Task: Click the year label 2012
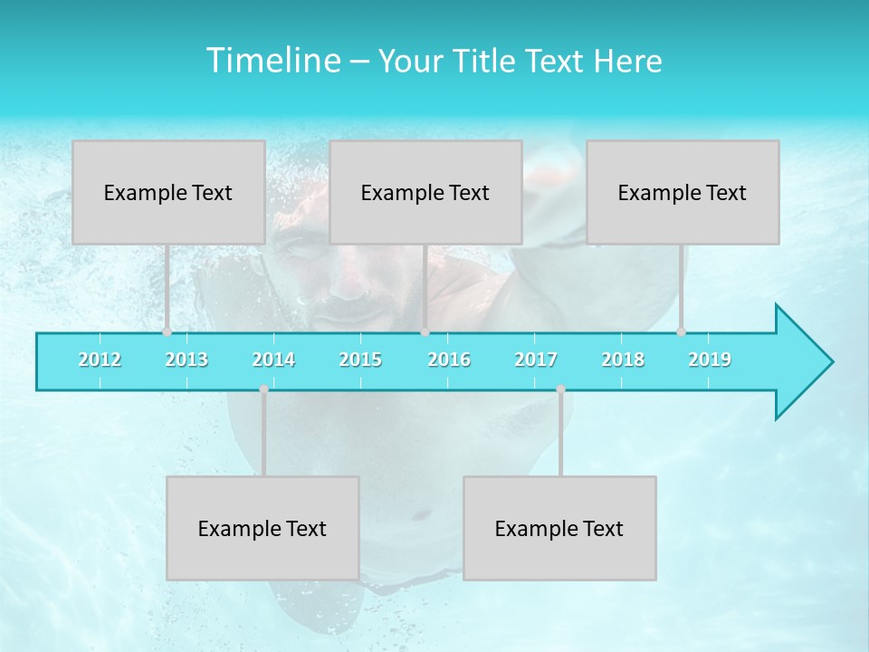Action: pos(100,360)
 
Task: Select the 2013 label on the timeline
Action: pos(186,360)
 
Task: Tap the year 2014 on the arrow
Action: pos(273,360)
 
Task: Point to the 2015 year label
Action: pos(360,360)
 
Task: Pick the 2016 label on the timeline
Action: pos(449,360)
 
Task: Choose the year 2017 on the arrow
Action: pos(536,360)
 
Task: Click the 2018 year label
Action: pos(623,360)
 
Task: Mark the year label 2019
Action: pos(710,360)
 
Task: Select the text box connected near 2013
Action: pos(168,192)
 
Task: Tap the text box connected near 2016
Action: pos(425,192)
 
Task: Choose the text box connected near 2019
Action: pos(683,192)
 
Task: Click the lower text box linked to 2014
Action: pos(263,528)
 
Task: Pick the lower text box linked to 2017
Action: pos(559,528)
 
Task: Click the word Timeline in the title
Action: pos(272,61)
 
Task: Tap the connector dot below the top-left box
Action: pos(167,331)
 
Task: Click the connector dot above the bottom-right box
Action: pos(560,389)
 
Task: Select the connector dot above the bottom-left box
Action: pos(263,389)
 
